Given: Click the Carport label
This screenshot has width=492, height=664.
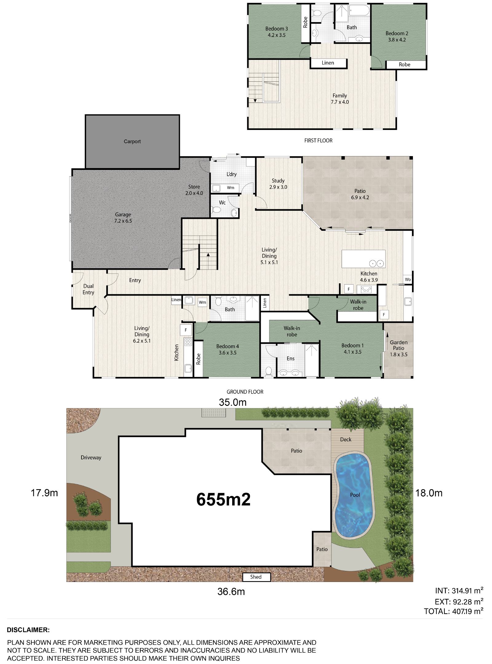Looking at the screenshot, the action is (x=132, y=141).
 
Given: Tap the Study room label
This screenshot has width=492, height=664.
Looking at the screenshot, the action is (x=278, y=181).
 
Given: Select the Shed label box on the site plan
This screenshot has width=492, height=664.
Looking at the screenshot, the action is (x=256, y=577).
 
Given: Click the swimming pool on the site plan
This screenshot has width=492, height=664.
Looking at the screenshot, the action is (x=354, y=496).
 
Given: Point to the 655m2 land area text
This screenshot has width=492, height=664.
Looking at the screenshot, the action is (x=224, y=499).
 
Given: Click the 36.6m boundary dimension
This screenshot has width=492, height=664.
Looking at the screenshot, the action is (x=231, y=591).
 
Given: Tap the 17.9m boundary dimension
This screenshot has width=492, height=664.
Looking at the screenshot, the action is (x=44, y=493).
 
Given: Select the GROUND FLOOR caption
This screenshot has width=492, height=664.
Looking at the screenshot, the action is (x=245, y=392).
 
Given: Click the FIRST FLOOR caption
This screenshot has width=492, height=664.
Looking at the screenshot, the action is (x=318, y=140).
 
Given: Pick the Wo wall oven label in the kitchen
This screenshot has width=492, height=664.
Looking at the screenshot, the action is (x=408, y=279).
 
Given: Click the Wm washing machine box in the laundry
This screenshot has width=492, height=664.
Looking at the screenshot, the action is (x=231, y=188).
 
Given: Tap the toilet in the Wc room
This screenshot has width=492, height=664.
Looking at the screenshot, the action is (x=216, y=210).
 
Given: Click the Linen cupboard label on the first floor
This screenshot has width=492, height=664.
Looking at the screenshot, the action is (x=328, y=63).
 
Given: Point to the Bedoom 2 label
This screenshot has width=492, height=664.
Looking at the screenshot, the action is (x=397, y=33).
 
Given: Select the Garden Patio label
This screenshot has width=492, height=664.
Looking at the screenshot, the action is (x=399, y=345).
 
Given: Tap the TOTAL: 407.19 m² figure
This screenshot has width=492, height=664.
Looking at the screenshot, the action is (x=454, y=611).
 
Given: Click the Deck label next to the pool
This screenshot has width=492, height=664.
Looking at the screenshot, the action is (x=346, y=439).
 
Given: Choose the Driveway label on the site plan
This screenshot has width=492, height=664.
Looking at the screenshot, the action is (x=91, y=458).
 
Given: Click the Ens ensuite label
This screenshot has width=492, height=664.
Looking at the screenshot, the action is (x=291, y=359).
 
